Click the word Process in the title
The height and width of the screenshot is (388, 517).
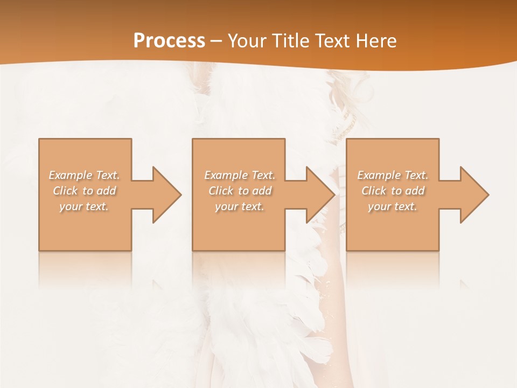tap(169, 41)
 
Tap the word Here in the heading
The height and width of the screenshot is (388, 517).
tap(376, 41)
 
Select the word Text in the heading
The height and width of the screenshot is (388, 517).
tap(333, 41)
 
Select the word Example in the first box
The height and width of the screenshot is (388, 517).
tap(71, 175)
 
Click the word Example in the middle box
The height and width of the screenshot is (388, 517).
tap(226, 175)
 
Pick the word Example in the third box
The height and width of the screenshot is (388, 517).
tap(379, 175)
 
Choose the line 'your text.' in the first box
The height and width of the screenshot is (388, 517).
tap(85, 206)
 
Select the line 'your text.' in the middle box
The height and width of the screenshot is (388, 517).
tap(240, 206)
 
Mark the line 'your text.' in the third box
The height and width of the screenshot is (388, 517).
tap(393, 206)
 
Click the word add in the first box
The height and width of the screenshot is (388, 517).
tap(107, 191)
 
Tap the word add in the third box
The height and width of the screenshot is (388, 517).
tap(415, 191)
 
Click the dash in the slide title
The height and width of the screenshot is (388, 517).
tap(216, 41)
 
